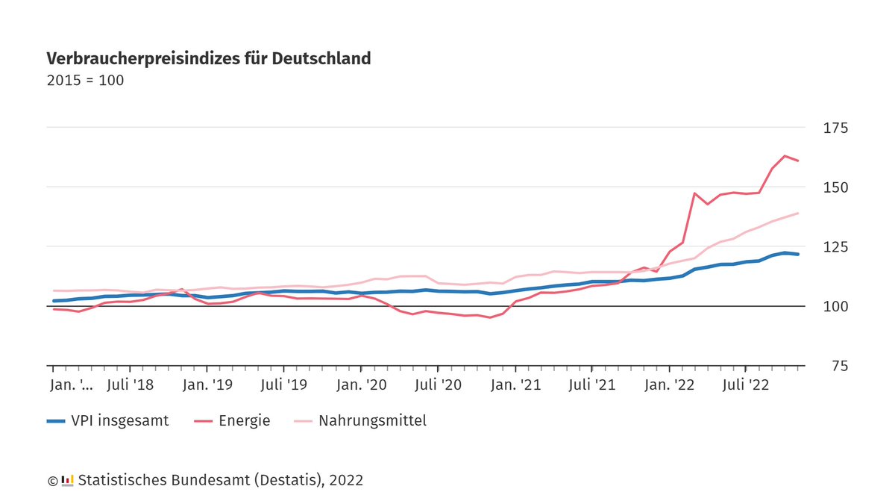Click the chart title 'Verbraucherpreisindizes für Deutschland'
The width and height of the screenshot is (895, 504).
pos(209,58)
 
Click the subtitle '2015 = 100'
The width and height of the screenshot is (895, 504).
pos(85,80)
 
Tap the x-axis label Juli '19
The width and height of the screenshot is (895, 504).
pos(284,385)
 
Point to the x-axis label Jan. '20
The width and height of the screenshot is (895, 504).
pos(361,385)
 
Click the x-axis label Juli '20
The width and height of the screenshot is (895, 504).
pos(438,385)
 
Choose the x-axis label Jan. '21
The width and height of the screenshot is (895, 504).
pos(515,385)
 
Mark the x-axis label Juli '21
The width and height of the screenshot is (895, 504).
pos(592,385)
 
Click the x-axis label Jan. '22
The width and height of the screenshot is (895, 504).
pos(669,385)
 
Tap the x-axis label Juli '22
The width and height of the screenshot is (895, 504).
pos(746,385)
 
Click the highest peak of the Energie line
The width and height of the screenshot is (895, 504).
pos(785,156)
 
